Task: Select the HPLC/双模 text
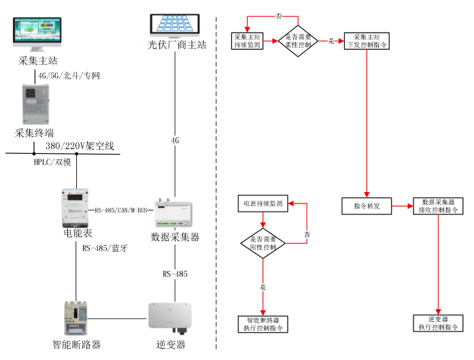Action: pos(52,162)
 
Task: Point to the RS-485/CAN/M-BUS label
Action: pos(121,211)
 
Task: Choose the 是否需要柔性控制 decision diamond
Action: pos(299,41)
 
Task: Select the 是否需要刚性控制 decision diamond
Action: pos(263,244)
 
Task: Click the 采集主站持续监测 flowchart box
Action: pos(247,41)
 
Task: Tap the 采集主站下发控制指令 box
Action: pos(367,41)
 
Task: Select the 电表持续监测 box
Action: pos(263,203)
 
